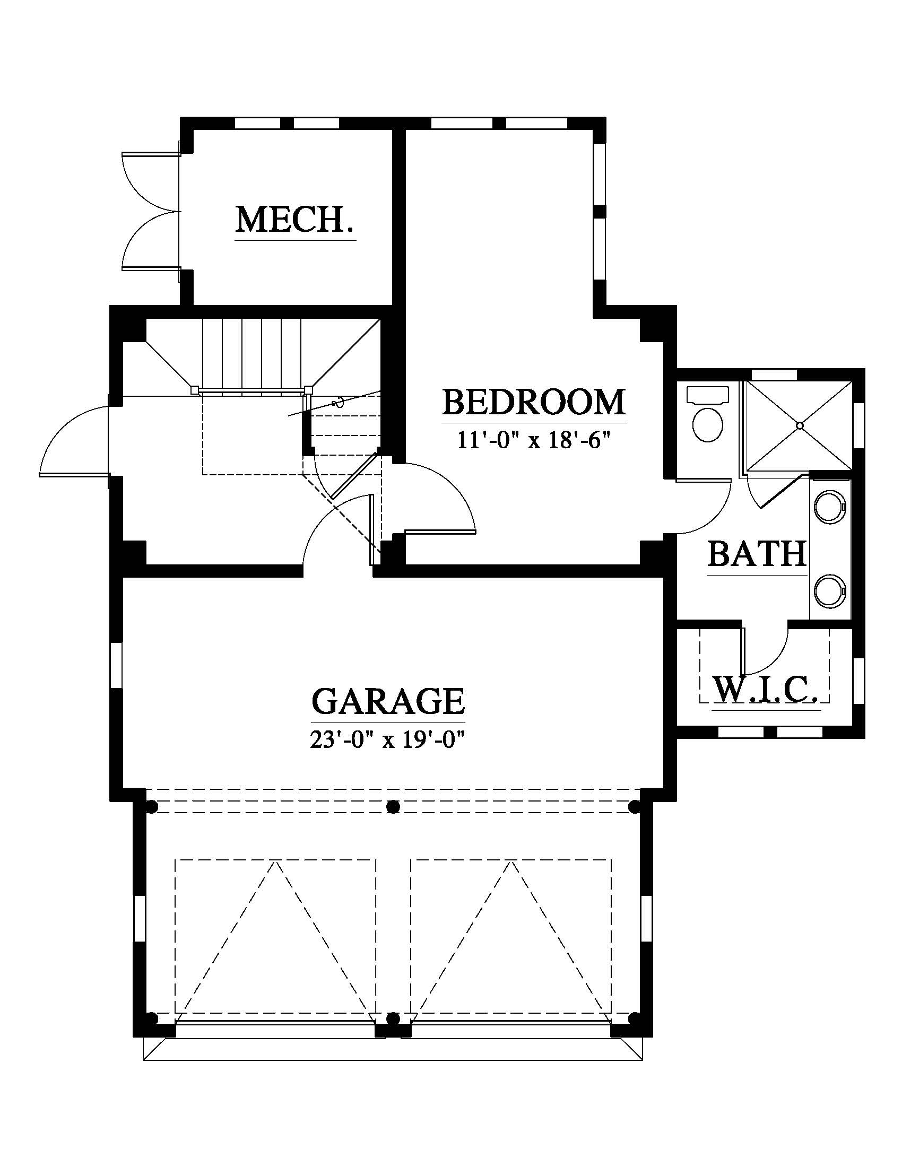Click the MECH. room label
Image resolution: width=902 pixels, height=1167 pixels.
pyautogui.click(x=295, y=220)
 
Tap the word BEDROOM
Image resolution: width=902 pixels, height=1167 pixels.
pyautogui.click(x=534, y=403)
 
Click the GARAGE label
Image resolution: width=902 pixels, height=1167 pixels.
pyautogui.click(x=388, y=702)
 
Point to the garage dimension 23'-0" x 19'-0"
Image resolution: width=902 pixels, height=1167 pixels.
pyautogui.click(x=388, y=741)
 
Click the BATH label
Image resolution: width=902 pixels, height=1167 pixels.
pyautogui.click(x=757, y=554)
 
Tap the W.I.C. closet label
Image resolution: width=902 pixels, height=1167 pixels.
pyautogui.click(x=766, y=690)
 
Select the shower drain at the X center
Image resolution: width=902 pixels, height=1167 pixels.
pyautogui.click(x=800, y=425)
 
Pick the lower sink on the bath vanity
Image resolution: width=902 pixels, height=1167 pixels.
pyautogui.click(x=830, y=591)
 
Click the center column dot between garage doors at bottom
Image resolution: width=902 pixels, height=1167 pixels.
pyautogui.click(x=393, y=1018)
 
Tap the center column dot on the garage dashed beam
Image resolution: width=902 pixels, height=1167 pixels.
pyautogui.click(x=393, y=806)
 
